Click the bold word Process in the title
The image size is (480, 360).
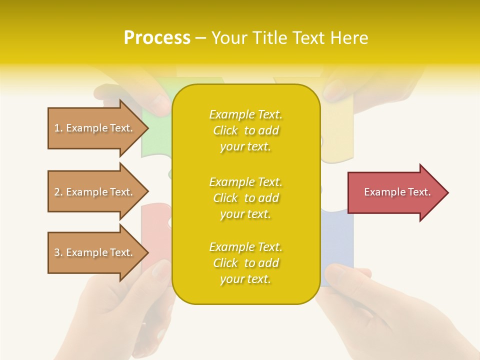(x=157, y=38)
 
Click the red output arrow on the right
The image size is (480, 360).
(x=395, y=192)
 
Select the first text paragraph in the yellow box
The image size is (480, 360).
(x=245, y=130)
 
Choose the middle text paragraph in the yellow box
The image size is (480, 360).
(x=245, y=198)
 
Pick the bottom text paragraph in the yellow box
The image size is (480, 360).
(x=245, y=263)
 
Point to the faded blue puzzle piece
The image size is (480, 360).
(x=337, y=240)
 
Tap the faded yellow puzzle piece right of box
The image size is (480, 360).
(x=336, y=135)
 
